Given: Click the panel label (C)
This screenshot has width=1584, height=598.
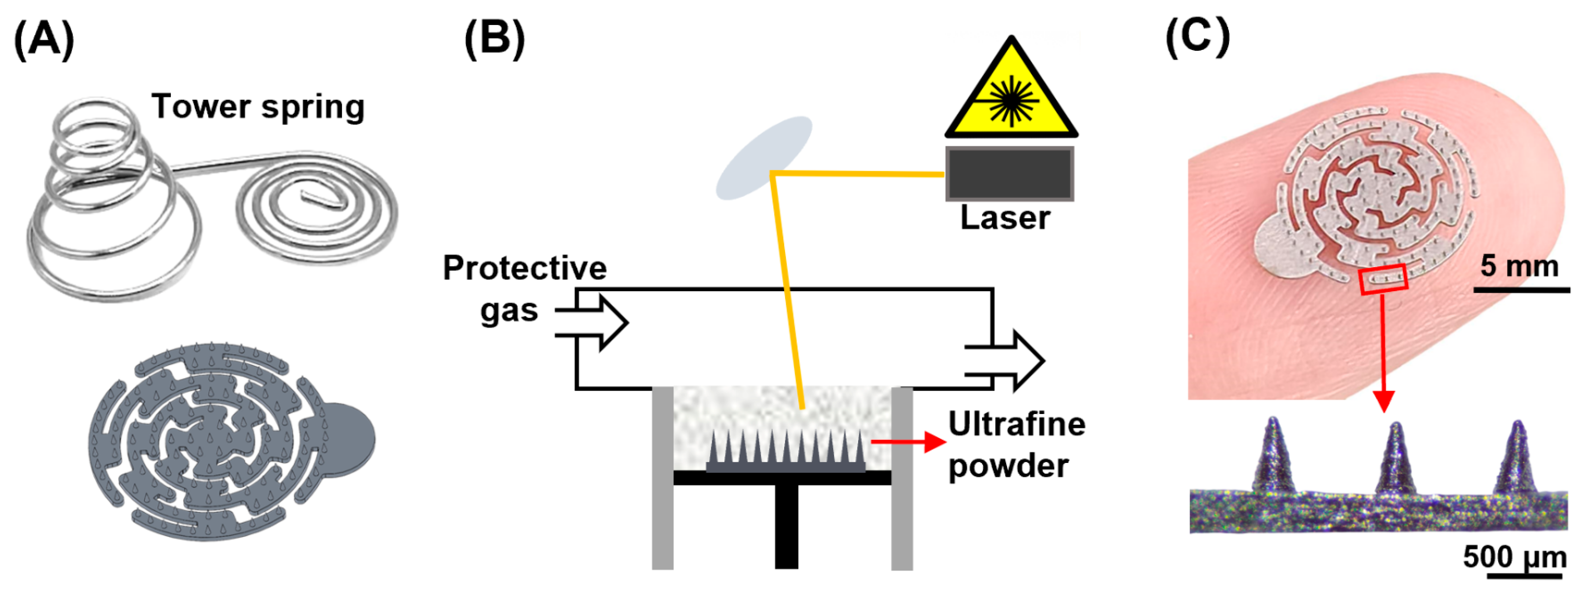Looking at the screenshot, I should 1197,37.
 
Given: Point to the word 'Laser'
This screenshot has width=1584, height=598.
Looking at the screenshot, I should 1006,218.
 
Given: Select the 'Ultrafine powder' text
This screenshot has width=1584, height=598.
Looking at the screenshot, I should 1016,444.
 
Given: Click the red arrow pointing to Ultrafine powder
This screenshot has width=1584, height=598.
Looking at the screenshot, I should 909,441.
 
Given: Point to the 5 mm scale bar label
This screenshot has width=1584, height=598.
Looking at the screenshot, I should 1519,266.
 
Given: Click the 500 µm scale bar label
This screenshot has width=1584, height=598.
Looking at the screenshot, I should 1514,557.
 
